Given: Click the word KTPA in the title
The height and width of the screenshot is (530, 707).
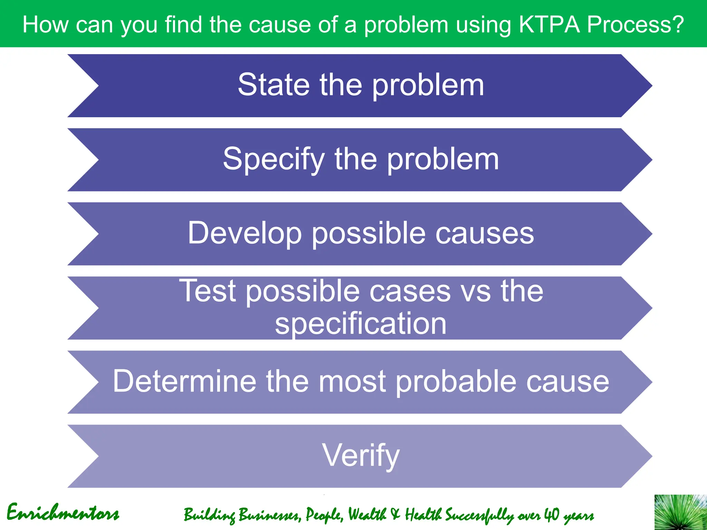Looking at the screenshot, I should (549, 25).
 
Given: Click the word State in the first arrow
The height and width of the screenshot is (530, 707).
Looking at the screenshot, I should (274, 85).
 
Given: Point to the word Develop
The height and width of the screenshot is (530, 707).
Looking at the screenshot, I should (245, 234).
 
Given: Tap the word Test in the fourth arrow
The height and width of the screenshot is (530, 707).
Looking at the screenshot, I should (208, 291).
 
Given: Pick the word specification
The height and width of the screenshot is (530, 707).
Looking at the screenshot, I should (361, 323).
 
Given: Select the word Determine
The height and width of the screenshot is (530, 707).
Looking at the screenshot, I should (184, 381).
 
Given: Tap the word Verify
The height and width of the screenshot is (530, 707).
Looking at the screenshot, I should (361, 456).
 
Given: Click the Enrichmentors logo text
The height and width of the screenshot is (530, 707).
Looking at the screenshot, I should (63, 513).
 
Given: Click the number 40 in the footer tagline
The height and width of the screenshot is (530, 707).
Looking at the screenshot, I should (552, 515).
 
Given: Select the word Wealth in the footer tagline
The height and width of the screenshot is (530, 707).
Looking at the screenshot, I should (367, 515).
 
